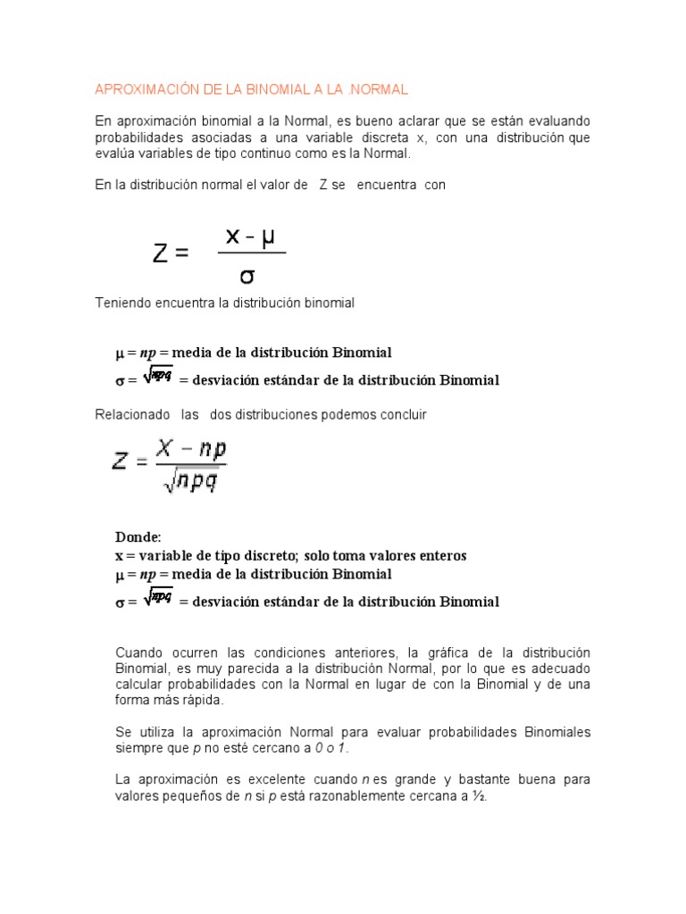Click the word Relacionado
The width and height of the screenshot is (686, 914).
point(131,414)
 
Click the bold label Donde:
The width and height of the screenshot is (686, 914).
point(138,536)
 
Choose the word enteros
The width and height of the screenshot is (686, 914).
point(439,555)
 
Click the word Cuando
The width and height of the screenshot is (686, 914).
point(140,652)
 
